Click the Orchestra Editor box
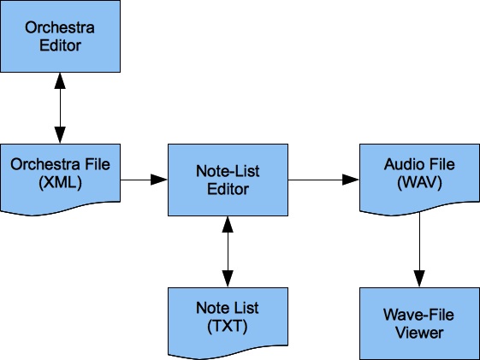(x=60, y=36)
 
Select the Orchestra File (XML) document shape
(x=60, y=180)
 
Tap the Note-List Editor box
(x=228, y=180)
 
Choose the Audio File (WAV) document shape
(x=420, y=180)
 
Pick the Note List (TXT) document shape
(x=228, y=323)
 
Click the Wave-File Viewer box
(x=420, y=323)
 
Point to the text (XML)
(x=60, y=183)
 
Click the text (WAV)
(x=419, y=183)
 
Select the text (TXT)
(x=228, y=327)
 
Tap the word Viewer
(x=419, y=333)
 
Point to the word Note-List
(x=228, y=171)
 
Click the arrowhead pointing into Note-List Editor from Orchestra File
(x=159, y=180)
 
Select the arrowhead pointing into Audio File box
(x=351, y=180)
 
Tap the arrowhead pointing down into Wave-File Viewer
(x=419, y=279)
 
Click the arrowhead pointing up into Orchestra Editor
(x=60, y=81)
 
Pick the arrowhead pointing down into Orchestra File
(x=60, y=135)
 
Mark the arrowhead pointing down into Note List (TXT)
(x=228, y=279)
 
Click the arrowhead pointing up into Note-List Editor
(x=228, y=225)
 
